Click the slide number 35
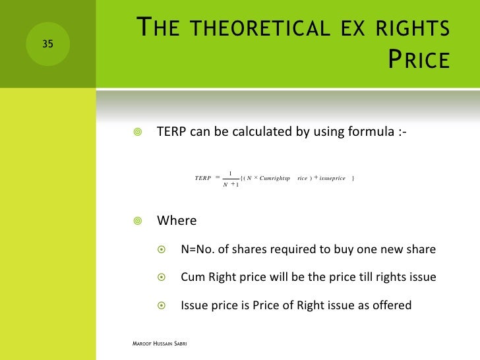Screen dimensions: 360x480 pyautogui.click(x=47, y=44)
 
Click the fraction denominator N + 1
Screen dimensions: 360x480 pyautogui.click(x=231, y=185)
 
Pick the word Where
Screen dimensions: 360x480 pyautogui.click(x=176, y=220)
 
